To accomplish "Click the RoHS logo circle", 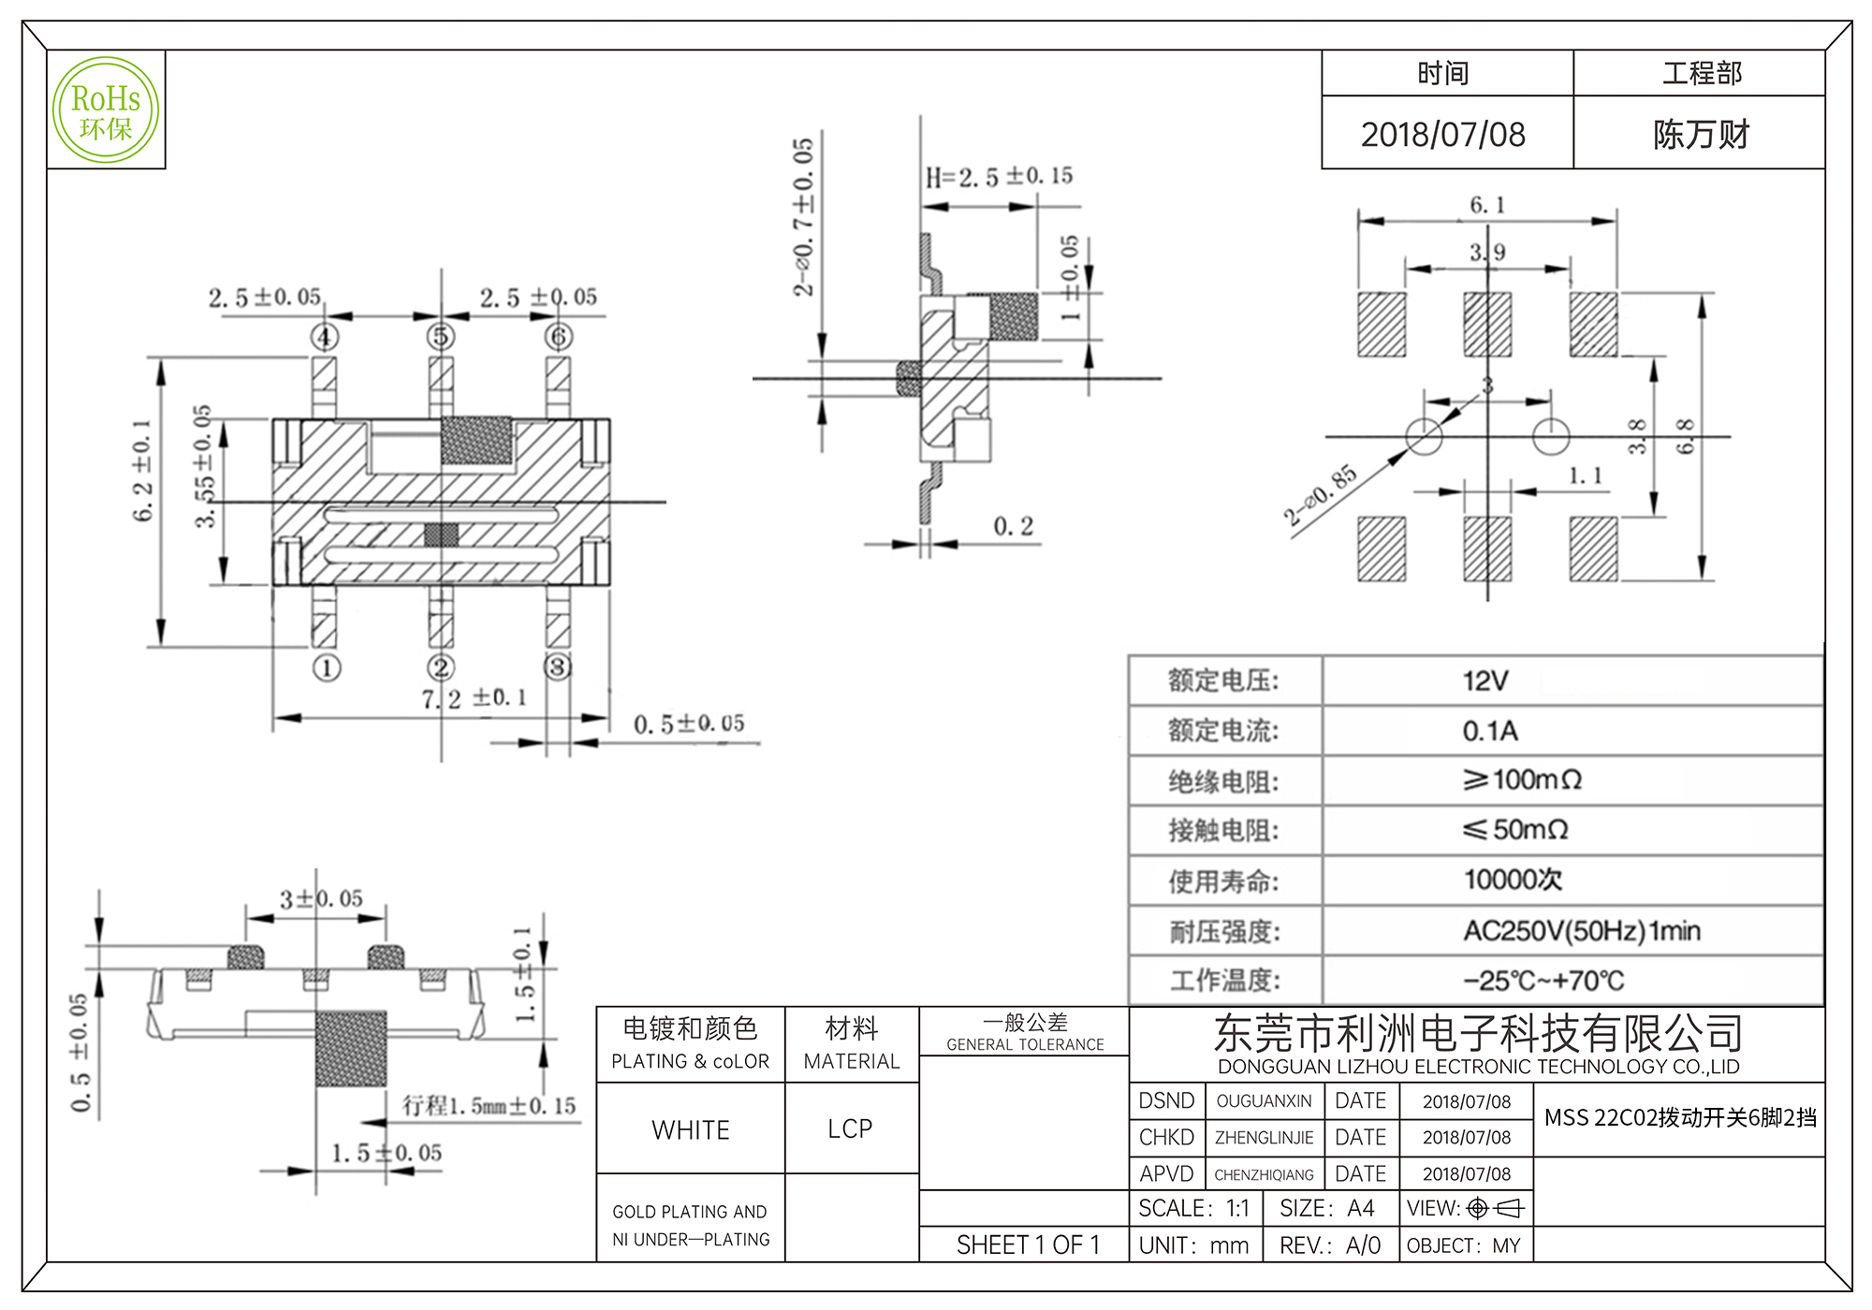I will coord(106,110).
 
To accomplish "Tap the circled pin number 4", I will coord(324,337).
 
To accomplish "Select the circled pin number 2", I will coord(441,667).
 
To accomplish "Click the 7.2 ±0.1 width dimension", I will coord(474,698).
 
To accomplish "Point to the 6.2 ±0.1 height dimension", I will coord(141,470).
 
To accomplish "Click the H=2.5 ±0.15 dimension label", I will coord(999,176).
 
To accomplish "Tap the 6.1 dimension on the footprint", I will coord(1486,205).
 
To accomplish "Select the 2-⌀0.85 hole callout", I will coord(1319,494).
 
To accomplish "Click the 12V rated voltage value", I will coord(1485,680).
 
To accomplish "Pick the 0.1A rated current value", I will coord(1490,731).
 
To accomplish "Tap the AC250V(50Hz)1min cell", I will coord(1582,931).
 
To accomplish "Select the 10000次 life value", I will coord(1513,880).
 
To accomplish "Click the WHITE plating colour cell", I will coord(691,1129).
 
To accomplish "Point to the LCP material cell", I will coord(850,1128).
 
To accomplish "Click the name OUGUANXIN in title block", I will coord(1264,1101).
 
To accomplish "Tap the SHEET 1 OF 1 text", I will coord(1028,1244).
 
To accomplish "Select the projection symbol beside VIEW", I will coord(1496,1209).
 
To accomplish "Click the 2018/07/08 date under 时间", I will coord(1442,135).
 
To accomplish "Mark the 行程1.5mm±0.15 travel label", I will coord(489,1106).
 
